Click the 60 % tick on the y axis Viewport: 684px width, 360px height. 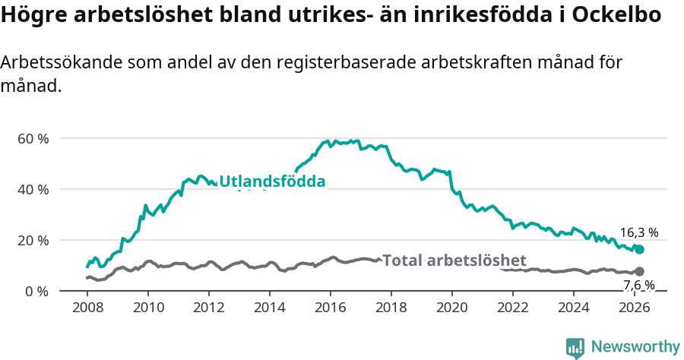point(33,139)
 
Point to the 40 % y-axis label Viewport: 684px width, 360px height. point(33,190)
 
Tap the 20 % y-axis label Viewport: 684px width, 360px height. point(33,241)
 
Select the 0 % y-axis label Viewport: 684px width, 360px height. point(37,292)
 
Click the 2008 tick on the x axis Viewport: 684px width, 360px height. point(87,308)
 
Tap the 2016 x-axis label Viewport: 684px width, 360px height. point(331,308)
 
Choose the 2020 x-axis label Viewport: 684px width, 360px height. point(452,308)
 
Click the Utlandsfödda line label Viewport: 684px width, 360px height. point(272,182)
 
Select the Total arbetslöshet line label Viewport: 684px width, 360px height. point(454,261)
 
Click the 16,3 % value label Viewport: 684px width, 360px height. point(638,233)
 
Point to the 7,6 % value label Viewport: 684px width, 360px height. point(638,286)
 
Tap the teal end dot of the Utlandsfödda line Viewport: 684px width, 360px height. point(640,250)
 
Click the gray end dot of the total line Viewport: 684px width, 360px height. point(640,272)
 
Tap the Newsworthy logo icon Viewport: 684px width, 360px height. point(575,348)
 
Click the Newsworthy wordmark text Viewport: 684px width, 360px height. point(635,347)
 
